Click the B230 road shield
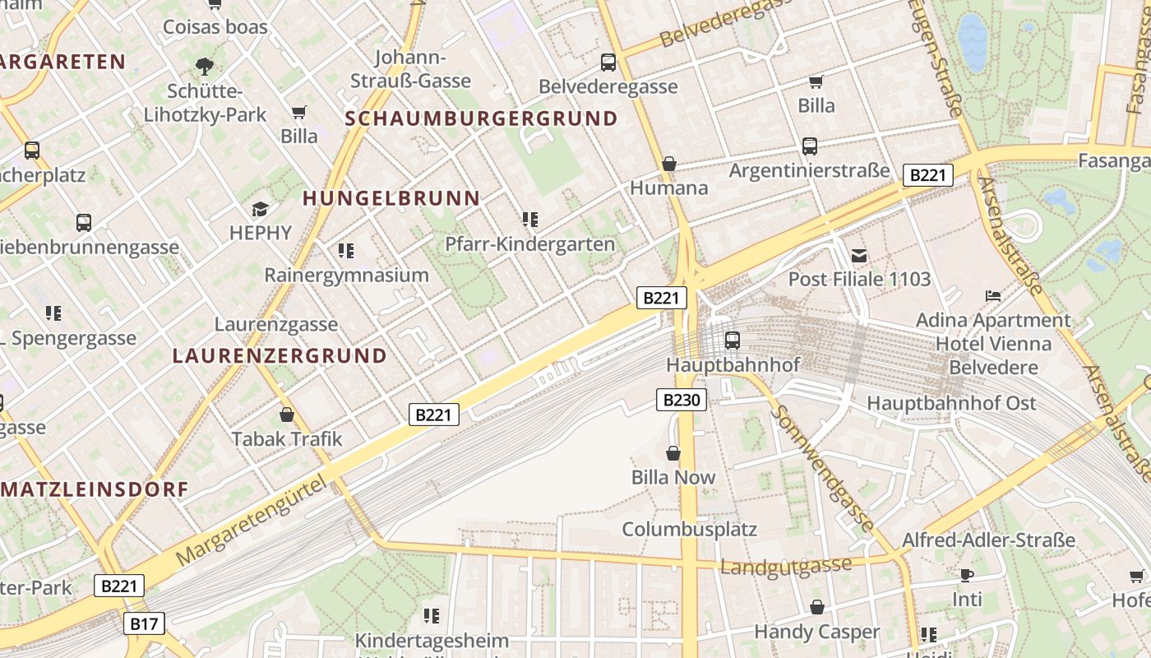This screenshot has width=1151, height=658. pos(682,401)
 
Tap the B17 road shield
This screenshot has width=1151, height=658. pos(144,623)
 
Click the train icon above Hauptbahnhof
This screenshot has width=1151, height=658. pos(732,340)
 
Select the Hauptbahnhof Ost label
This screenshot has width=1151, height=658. pos(951,403)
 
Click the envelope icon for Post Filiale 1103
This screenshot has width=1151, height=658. pos(859,255)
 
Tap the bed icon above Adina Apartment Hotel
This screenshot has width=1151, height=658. pos(993,296)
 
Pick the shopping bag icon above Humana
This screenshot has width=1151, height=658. pos(669,164)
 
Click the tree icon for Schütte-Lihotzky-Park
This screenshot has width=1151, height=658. pos(205,66)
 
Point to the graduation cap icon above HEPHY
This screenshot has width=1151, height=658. pos(261,209)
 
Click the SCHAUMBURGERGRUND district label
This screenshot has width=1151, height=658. pos(481,118)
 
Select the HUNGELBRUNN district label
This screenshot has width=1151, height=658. pos(391,198)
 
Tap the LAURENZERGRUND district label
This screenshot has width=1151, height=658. pos(280,356)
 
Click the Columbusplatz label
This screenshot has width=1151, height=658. pos(689,529)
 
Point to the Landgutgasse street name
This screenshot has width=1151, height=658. pos(785,567)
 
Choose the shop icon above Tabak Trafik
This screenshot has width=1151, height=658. pos(287,415)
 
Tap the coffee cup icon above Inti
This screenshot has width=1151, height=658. pos(967,575)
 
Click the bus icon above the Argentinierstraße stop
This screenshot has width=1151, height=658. pos(810,146)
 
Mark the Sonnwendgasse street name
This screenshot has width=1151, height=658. pos(821,468)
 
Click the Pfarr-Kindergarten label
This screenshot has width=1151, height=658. pos(529,244)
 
